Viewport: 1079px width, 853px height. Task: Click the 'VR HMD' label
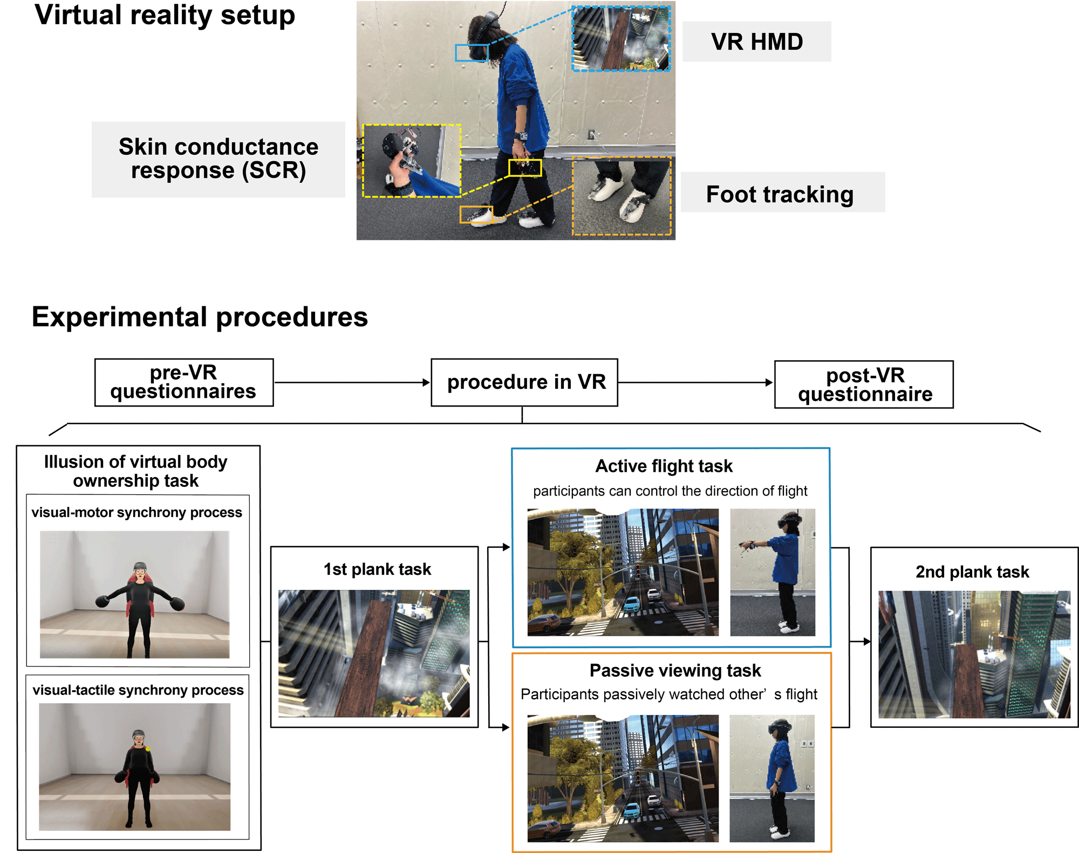coord(756,42)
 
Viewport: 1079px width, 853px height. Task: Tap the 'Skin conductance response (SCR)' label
coord(218,159)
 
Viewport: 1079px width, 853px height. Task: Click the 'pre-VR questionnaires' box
coord(183,382)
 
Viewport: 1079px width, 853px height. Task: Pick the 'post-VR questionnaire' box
coord(864,384)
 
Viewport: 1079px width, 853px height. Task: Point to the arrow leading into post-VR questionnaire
coord(695,382)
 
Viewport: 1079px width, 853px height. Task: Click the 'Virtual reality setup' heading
coord(165,15)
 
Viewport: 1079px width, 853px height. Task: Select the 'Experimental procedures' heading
coord(200,317)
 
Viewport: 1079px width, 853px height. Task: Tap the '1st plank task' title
coord(377,569)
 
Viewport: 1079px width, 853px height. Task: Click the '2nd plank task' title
coord(972,572)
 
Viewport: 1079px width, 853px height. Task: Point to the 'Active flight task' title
coord(664,466)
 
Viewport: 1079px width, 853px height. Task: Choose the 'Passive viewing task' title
coord(675,670)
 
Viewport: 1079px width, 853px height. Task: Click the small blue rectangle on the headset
coord(472,53)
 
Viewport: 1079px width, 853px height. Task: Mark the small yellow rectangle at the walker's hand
coord(525,168)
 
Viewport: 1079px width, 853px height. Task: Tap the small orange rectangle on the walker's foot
coord(476,214)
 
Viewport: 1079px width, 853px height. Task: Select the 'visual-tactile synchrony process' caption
coord(138,690)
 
